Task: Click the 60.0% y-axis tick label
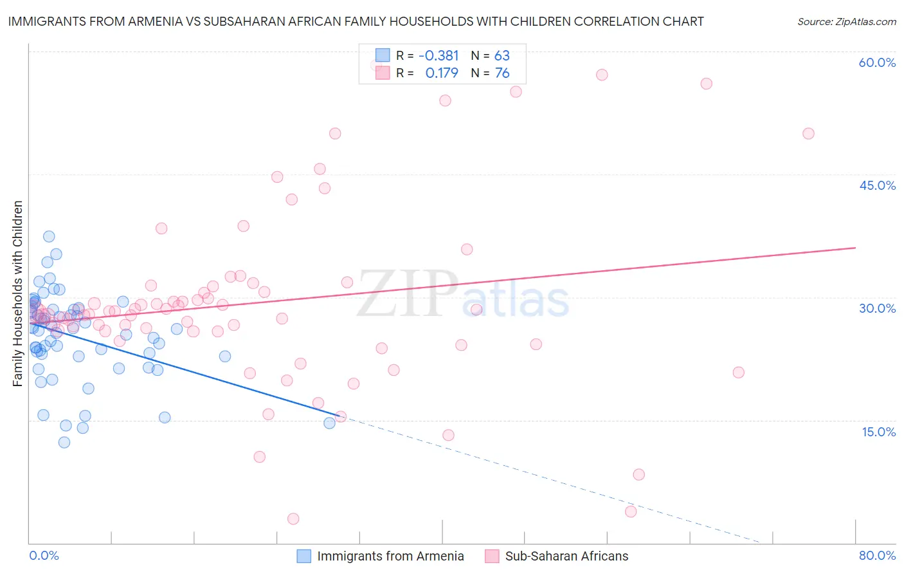(877, 62)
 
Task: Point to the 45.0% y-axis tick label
(877, 185)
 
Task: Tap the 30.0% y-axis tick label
(877, 308)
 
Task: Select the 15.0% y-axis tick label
(878, 431)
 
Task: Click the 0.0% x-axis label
(44, 555)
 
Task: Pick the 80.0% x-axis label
(877, 555)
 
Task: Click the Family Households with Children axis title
(17, 293)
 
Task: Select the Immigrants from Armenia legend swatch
(304, 556)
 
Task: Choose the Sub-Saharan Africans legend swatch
(492, 556)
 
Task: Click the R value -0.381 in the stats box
(438, 56)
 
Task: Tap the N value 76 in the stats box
(502, 73)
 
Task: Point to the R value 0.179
(442, 73)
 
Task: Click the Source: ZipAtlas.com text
(846, 22)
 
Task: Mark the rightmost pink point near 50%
(808, 134)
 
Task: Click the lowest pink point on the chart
(293, 519)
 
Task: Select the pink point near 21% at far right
(738, 373)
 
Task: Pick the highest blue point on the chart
(49, 237)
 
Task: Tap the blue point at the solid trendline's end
(329, 423)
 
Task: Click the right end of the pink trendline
(855, 248)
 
